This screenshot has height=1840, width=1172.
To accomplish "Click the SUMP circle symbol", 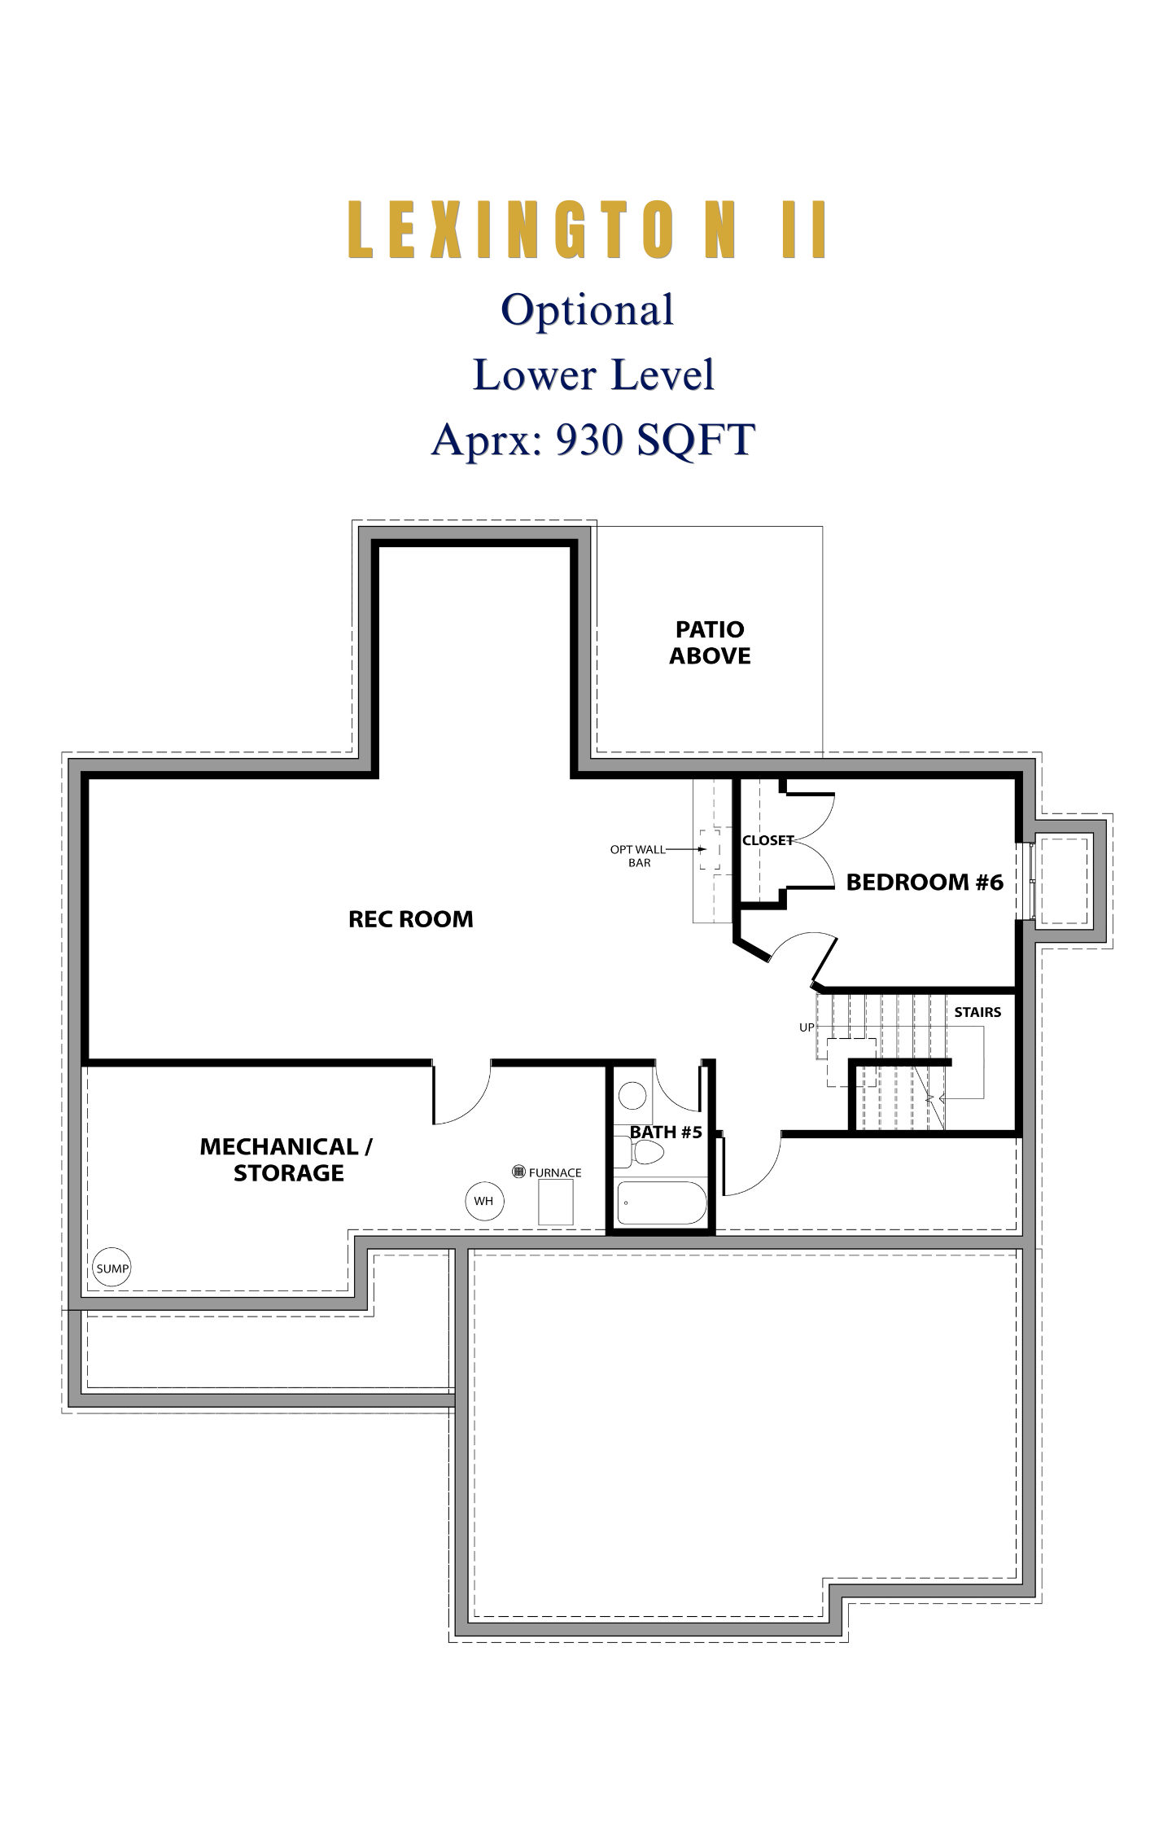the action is (112, 1268).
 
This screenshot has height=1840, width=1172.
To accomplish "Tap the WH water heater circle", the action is (483, 1201).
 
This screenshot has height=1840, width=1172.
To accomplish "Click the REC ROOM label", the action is (410, 919).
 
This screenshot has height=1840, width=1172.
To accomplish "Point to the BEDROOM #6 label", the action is (925, 882).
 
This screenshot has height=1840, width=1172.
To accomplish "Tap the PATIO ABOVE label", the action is (710, 642).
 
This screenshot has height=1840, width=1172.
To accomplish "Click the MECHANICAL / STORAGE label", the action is (286, 1159).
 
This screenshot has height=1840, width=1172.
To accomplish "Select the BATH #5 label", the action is (666, 1132).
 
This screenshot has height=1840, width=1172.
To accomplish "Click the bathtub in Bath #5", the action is (663, 1203).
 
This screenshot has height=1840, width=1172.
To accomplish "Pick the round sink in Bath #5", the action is (632, 1096).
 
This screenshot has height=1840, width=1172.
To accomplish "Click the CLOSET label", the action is (767, 840).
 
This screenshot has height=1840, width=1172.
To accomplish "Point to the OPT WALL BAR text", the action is (638, 856).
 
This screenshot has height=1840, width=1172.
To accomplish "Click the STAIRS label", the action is (977, 1012).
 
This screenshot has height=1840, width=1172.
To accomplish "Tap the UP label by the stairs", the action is (807, 1027).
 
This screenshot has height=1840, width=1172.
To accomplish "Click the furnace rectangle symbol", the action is (556, 1202).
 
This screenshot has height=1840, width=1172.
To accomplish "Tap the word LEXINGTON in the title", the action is (543, 230).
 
